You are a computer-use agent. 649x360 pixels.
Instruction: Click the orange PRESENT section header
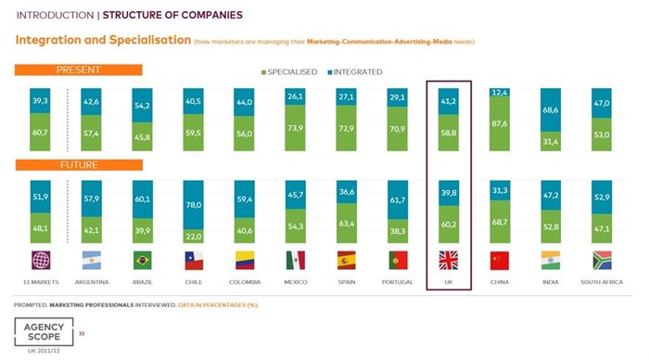point(78,70)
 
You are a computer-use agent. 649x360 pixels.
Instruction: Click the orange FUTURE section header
point(78,165)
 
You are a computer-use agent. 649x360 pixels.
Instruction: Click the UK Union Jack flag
point(449,260)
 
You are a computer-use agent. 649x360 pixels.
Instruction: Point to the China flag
point(500,260)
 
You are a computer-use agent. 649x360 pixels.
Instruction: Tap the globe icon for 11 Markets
point(41,260)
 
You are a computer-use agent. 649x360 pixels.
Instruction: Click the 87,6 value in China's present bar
point(500,123)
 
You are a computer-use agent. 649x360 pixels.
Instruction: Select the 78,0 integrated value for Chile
point(193,205)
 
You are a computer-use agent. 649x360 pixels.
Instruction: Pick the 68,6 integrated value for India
point(550,110)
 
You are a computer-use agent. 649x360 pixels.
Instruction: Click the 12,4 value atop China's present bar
point(500,93)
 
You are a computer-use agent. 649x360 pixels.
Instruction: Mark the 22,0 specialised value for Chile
point(193,237)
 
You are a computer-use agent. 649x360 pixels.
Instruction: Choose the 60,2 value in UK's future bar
point(449,224)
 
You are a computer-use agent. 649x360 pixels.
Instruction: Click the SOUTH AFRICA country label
point(600,281)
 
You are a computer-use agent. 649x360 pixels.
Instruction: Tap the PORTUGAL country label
point(399,281)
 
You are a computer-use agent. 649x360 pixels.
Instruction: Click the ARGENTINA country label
point(91,281)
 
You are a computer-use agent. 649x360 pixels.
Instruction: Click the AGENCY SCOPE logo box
point(43,331)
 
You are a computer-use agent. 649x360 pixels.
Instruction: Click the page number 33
point(83,331)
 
